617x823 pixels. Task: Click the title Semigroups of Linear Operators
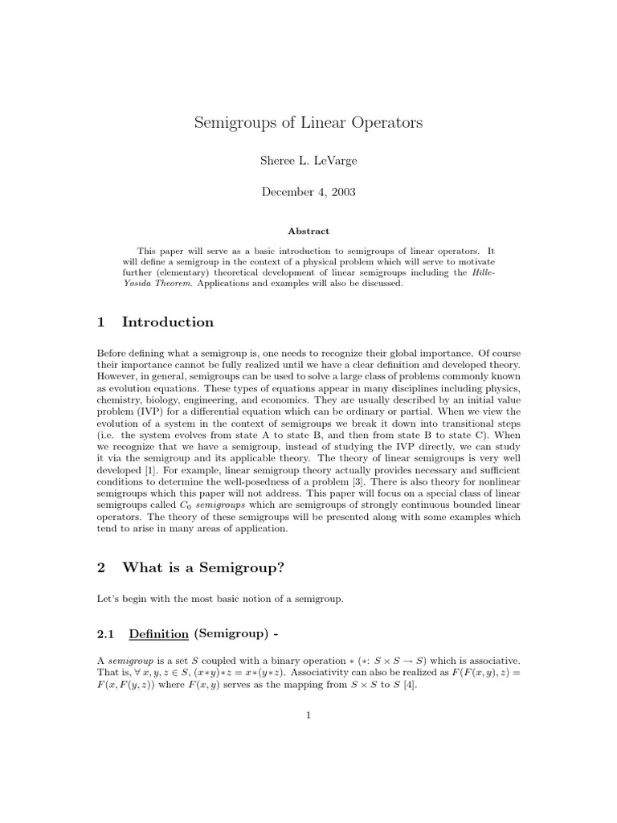pos(308,124)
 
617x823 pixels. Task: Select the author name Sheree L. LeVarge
pos(308,161)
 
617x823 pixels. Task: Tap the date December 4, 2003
pos(308,192)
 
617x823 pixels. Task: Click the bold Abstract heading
pos(308,231)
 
